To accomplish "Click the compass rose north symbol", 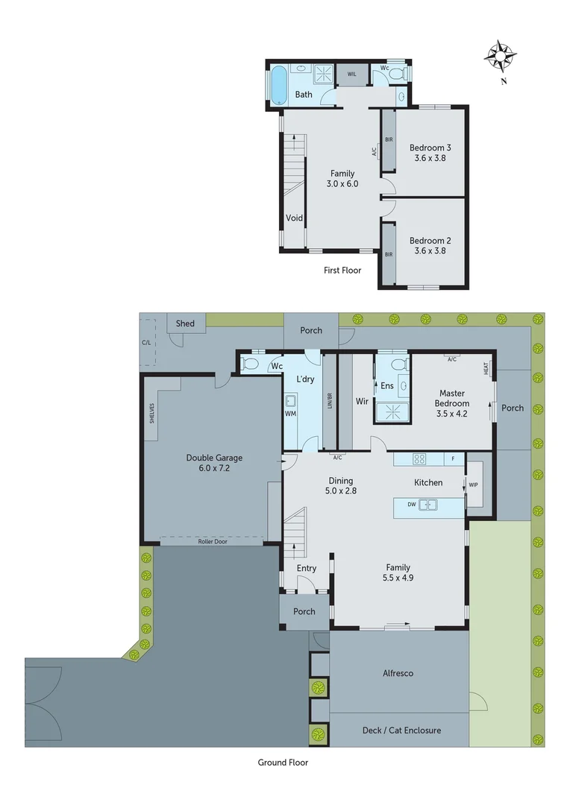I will coord(501,57).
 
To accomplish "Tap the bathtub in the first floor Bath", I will coord(278,85).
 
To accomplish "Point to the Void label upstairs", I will coord(295,218).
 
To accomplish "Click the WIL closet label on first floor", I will coord(351,74).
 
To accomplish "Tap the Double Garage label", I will coord(214,458).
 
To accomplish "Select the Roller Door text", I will coord(213,542).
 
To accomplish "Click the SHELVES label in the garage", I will coord(151,413).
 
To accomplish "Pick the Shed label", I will coord(185,323).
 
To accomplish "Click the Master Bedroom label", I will coord(452,398).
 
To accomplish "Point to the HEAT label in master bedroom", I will coord(486,367).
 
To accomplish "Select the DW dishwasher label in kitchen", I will coord(411,505).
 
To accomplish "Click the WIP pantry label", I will coord(474,485).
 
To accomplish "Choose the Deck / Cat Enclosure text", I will coord(401,730).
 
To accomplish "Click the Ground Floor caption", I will coord(283,763).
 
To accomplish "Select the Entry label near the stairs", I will coord(306,568).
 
